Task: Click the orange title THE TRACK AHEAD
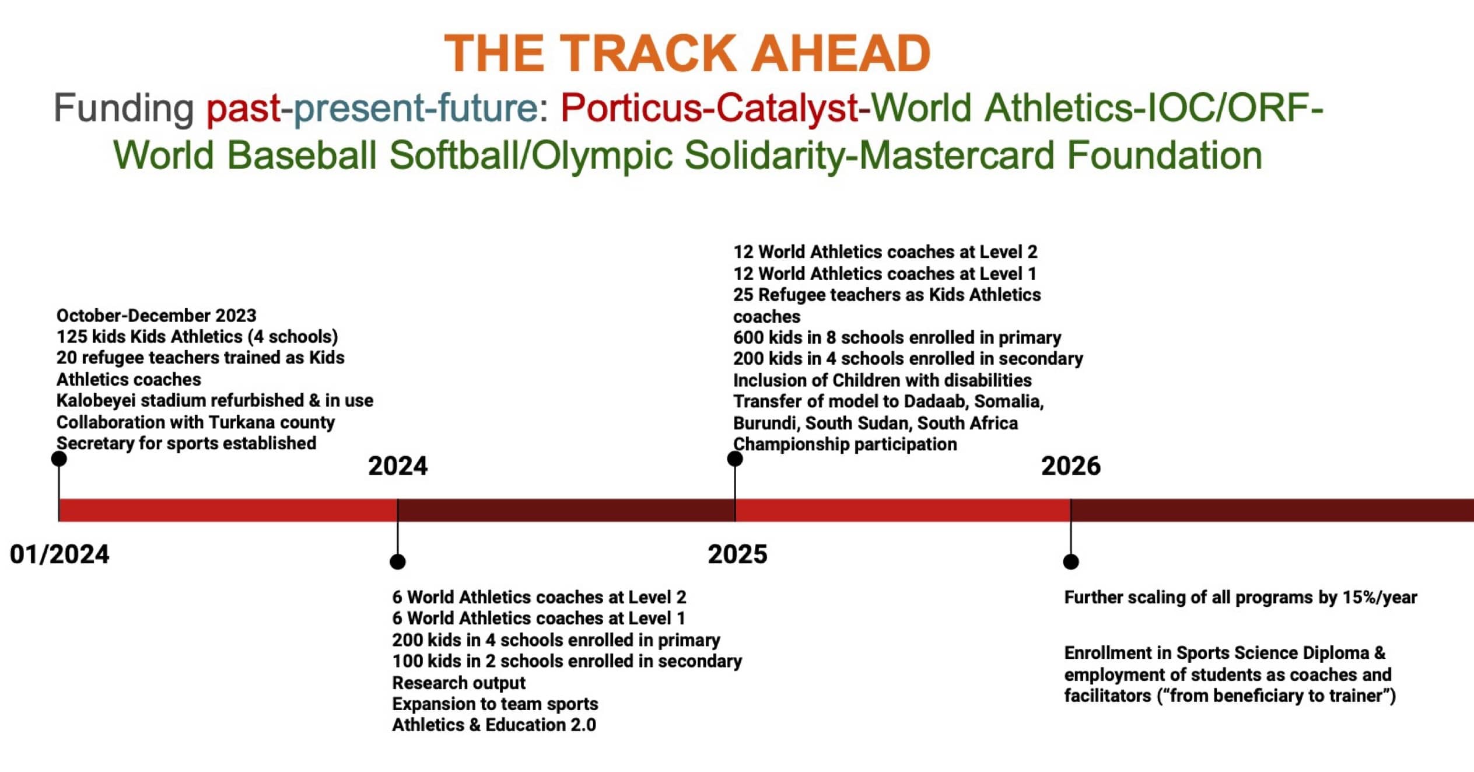tap(687, 53)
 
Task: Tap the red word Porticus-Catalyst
tap(709, 108)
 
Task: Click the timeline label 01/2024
tap(59, 554)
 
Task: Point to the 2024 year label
tap(398, 466)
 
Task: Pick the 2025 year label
tap(737, 554)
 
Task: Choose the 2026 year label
tap(1071, 466)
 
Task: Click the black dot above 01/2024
tap(59, 459)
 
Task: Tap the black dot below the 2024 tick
tap(398, 561)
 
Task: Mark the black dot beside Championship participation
tap(735, 459)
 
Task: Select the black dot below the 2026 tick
tap(1071, 561)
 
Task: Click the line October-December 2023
tap(156, 316)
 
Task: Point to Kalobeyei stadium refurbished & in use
tap(215, 401)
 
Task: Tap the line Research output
tap(458, 683)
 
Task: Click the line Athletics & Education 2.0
tap(494, 725)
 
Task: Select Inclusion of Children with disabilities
tap(883, 380)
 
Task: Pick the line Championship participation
tap(845, 445)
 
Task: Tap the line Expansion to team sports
tap(495, 704)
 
